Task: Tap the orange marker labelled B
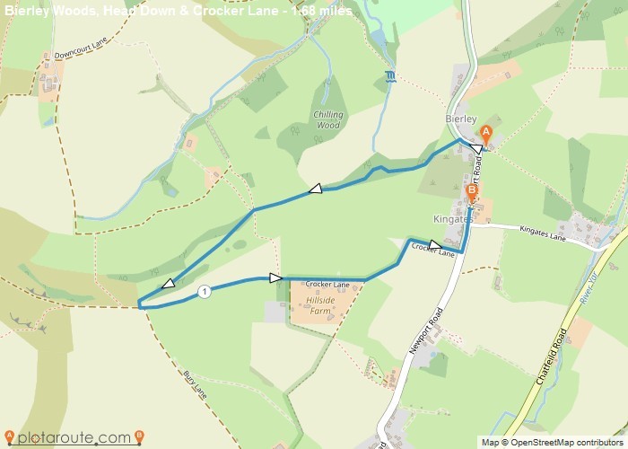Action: point(472,190)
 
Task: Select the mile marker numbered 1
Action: point(205,291)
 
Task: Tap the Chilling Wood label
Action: point(329,120)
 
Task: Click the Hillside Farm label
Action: point(320,305)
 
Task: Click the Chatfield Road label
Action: point(551,358)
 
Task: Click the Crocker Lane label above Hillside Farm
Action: point(327,285)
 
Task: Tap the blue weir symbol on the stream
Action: point(389,75)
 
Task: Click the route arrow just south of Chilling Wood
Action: point(315,189)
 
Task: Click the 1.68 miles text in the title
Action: point(321,11)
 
